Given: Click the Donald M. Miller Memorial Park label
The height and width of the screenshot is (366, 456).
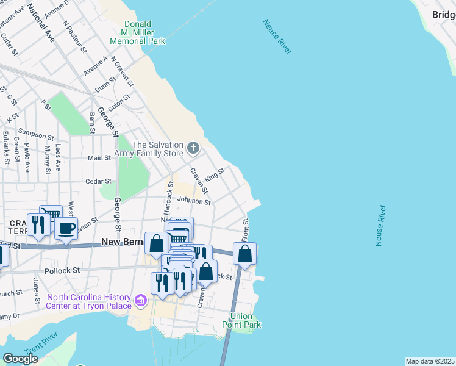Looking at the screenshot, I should [137, 32].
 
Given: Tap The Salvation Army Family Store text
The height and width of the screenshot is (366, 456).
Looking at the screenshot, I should [157, 149].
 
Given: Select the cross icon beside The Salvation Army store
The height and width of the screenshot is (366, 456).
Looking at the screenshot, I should [193, 148].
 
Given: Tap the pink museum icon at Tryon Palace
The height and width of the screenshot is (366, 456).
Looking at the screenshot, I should [141, 301].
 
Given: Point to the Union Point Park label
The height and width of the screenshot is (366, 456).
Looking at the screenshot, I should [246, 320].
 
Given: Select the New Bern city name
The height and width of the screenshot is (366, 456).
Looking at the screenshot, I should [121, 242].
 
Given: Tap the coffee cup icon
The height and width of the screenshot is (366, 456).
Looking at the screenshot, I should [66, 228].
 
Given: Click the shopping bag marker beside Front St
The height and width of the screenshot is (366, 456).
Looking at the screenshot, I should [244, 254].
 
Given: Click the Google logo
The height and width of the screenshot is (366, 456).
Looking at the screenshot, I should [21, 358].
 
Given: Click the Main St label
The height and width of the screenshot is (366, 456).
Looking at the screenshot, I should [99, 157].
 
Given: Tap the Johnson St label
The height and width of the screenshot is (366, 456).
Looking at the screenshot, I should [193, 201].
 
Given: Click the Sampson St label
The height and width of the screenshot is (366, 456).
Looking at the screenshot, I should [33, 132].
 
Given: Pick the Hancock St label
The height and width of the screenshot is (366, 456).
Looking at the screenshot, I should [169, 200].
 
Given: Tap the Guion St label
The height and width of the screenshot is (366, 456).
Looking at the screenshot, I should [119, 100].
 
